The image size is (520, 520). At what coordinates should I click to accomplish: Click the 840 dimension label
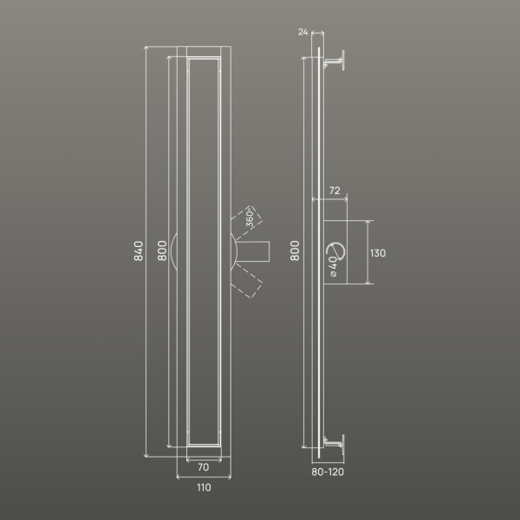[x=139, y=251]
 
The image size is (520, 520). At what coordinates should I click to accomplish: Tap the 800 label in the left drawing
[x=162, y=251]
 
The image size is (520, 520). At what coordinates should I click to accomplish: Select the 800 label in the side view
[x=295, y=251]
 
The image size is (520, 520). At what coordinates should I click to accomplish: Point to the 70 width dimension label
[x=204, y=467]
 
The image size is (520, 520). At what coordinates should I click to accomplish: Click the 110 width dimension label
[x=204, y=487]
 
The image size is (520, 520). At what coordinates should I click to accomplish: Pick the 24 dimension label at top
[x=302, y=32]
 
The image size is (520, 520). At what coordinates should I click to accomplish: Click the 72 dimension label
[x=335, y=191]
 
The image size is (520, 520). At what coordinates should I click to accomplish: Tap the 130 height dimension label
[x=378, y=253]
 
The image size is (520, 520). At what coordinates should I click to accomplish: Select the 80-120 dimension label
[x=328, y=472]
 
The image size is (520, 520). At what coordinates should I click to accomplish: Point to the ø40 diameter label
[x=333, y=267]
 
